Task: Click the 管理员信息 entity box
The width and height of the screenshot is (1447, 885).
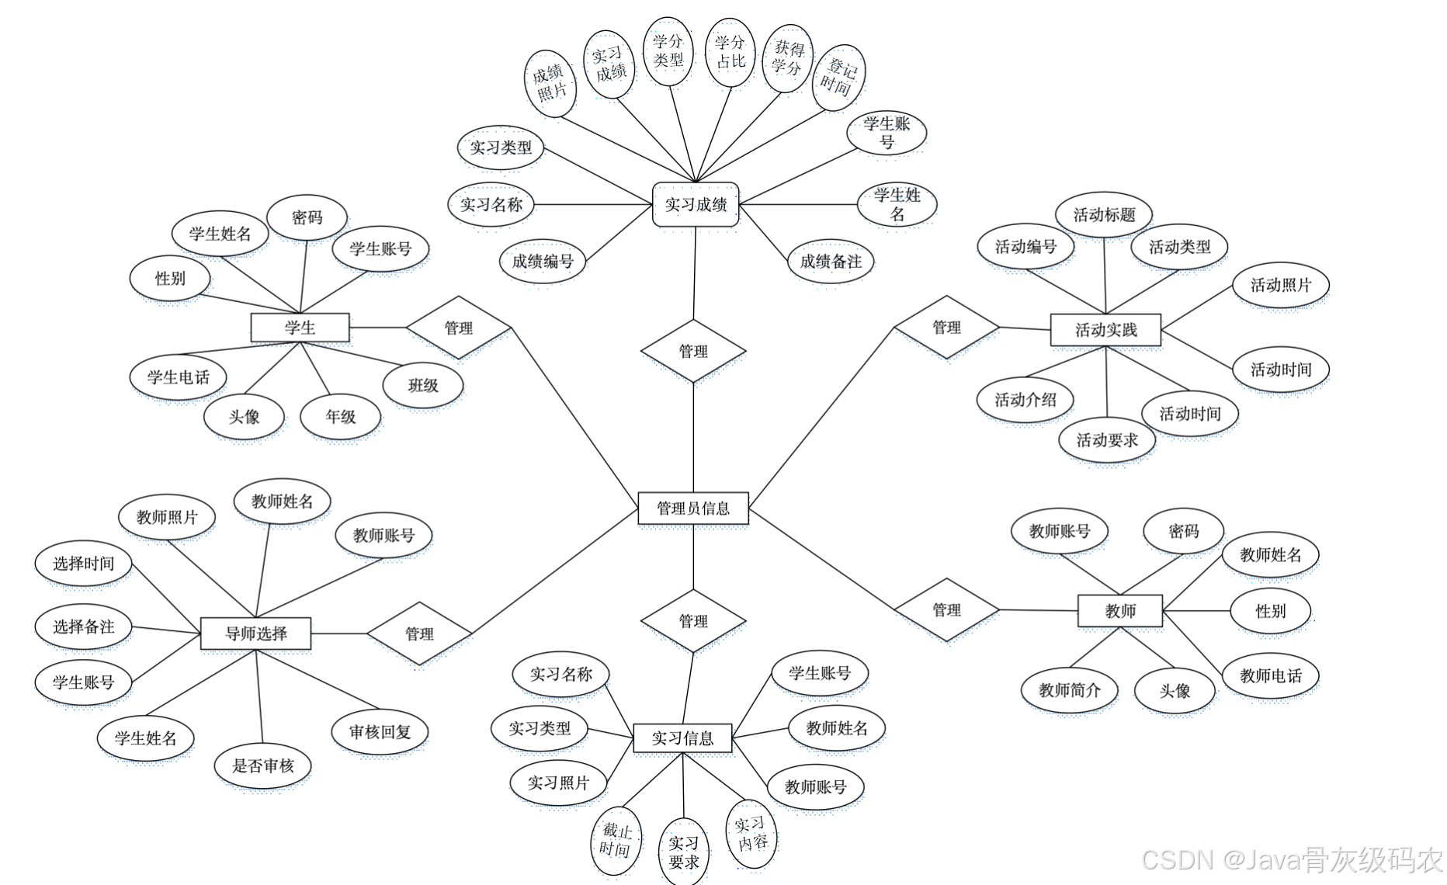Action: point(692,508)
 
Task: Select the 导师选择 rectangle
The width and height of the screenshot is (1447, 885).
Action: point(255,633)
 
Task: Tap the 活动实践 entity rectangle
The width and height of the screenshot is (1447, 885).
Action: point(1105,330)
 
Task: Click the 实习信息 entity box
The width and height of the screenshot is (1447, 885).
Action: point(682,738)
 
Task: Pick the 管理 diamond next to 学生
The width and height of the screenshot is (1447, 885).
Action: point(458,328)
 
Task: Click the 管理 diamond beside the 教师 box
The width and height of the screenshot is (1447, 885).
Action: point(946,610)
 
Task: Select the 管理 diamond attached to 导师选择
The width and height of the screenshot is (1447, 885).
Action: point(419,633)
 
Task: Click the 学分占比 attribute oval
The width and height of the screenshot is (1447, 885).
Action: point(730,52)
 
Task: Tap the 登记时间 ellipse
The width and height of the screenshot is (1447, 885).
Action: point(838,78)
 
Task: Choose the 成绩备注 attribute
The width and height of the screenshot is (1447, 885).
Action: point(831,262)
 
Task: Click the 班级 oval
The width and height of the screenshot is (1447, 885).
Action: point(423,385)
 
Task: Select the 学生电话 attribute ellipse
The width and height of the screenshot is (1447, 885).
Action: point(179,377)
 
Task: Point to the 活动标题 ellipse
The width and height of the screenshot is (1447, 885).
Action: point(1104,215)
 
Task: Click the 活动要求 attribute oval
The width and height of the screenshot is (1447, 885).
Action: point(1107,440)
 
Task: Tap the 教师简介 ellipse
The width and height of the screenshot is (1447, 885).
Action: point(1069,690)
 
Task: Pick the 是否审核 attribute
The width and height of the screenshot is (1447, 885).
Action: point(263,766)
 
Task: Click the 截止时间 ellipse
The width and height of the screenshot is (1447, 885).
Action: point(616,841)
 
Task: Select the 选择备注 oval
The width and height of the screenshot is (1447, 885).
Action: point(83,626)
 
